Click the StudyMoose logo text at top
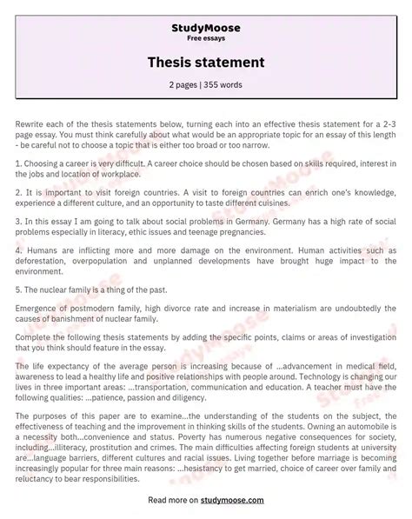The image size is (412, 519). pyautogui.click(x=205, y=28)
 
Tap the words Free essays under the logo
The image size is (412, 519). pyautogui.click(x=205, y=38)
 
